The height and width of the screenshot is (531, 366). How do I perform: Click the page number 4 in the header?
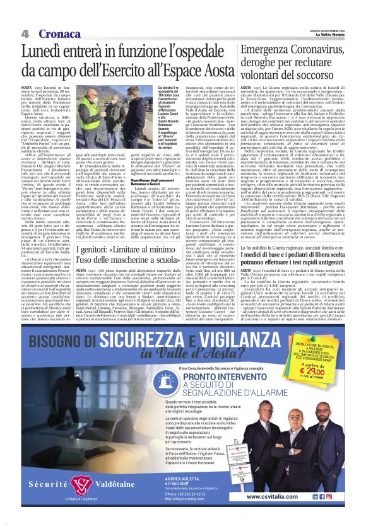coord(25,33)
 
